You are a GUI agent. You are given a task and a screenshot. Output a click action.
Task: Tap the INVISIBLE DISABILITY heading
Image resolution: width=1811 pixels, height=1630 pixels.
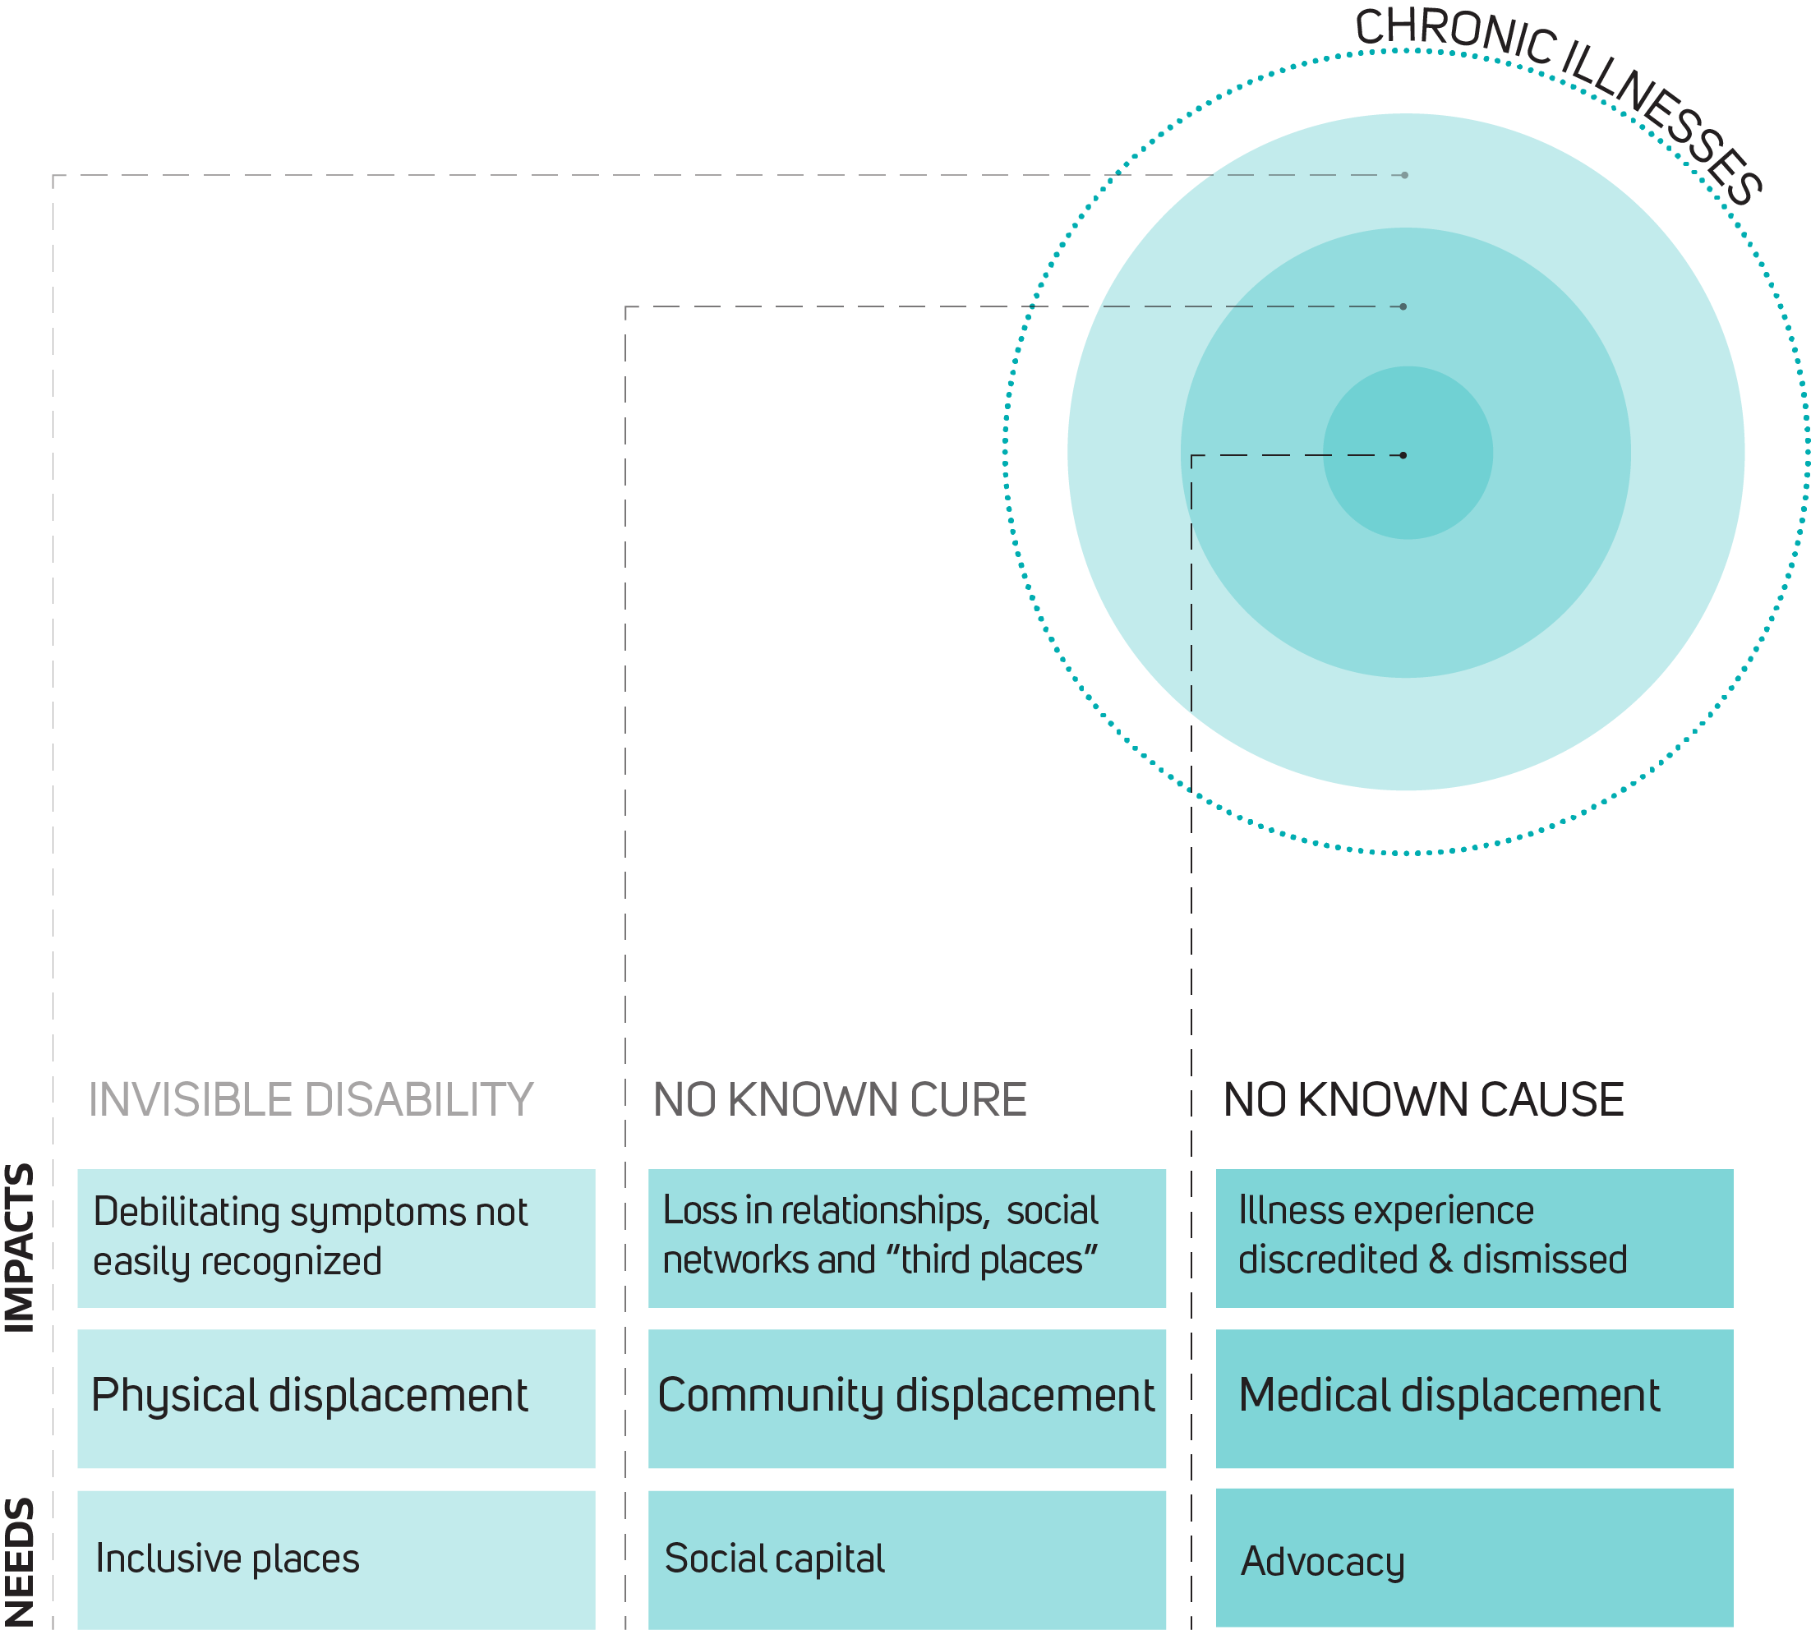(311, 1100)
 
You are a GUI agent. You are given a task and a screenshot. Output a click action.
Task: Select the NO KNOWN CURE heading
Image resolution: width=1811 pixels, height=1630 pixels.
(839, 1100)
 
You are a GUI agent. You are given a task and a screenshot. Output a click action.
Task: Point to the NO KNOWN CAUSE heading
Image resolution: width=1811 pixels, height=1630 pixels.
(1423, 1100)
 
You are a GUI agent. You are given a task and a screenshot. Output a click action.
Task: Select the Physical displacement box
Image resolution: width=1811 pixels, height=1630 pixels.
(336, 1398)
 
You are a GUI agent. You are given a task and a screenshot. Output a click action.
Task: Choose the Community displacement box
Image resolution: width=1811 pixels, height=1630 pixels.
(906, 1398)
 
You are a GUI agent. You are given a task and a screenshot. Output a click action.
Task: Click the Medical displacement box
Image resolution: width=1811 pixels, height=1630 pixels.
(1474, 1398)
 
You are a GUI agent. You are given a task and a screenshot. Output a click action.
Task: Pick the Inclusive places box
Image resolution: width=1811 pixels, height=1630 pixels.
(336, 1559)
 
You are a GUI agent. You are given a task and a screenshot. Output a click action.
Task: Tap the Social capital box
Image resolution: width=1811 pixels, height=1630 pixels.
(906, 1559)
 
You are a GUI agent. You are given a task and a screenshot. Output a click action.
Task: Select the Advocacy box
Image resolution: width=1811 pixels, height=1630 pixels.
(1474, 1559)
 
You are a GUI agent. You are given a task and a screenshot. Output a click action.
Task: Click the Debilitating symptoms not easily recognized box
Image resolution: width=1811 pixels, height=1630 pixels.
(336, 1238)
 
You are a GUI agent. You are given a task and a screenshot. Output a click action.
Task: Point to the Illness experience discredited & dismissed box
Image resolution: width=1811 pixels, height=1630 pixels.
(1474, 1238)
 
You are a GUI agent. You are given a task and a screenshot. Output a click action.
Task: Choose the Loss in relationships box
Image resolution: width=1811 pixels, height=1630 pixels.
(906, 1238)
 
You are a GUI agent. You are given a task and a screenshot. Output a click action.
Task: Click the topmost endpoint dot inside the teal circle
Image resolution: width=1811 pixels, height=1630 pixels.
(1404, 176)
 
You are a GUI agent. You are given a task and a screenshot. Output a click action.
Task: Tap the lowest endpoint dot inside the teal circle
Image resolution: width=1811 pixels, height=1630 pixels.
(1403, 455)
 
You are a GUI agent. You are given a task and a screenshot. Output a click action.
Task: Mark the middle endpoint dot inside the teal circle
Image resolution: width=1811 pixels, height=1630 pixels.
(1403, 306)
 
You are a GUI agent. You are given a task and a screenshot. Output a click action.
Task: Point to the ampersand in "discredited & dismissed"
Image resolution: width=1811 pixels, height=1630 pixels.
(1440, 1259)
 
